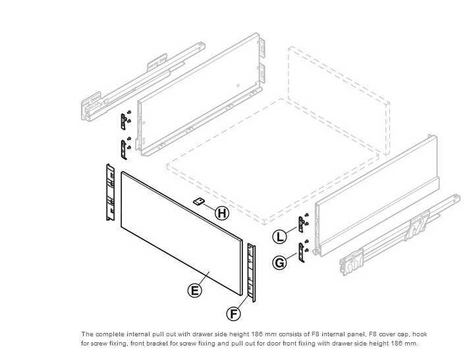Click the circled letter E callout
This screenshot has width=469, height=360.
click(x=194, y=290)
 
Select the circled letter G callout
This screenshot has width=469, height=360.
click(x=280, y=263)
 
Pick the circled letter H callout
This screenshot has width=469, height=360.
click(x=223, y=213)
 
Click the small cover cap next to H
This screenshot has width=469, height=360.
click(x=199, y=201)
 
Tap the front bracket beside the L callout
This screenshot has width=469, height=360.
click(x=302, y=224)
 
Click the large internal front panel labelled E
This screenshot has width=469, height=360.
click(x=181, y=230)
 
